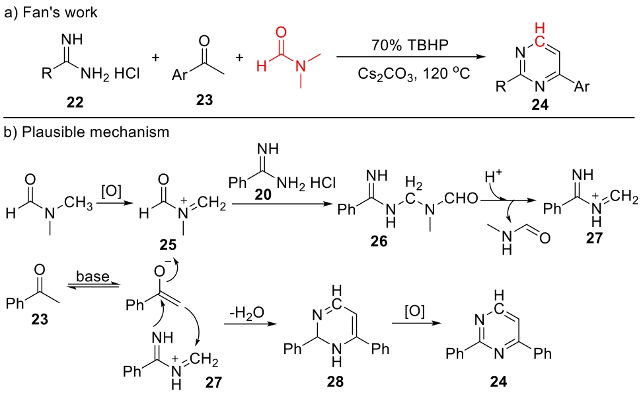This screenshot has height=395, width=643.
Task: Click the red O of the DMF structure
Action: (284, 31)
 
